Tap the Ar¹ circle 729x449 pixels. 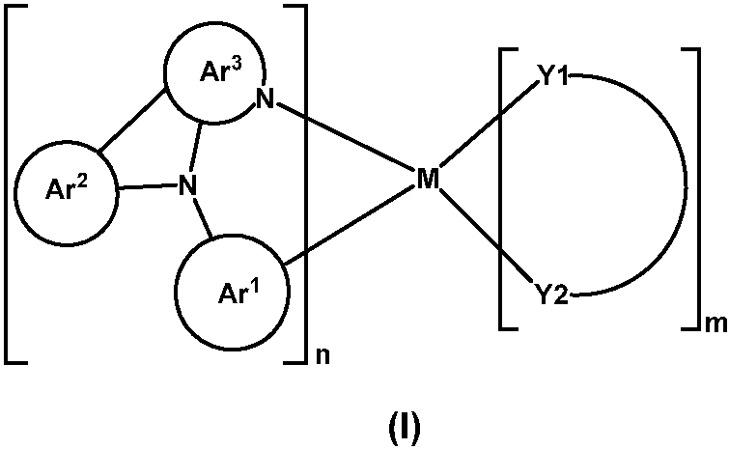pyautogui.click(x=229, y=290)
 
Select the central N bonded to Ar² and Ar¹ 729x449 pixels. pyautogui.click(x=188, y=183)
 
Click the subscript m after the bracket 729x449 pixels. pyautogui.click(x=715, y=326)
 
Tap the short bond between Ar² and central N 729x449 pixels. pyautogui.click(x=145, y=186)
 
